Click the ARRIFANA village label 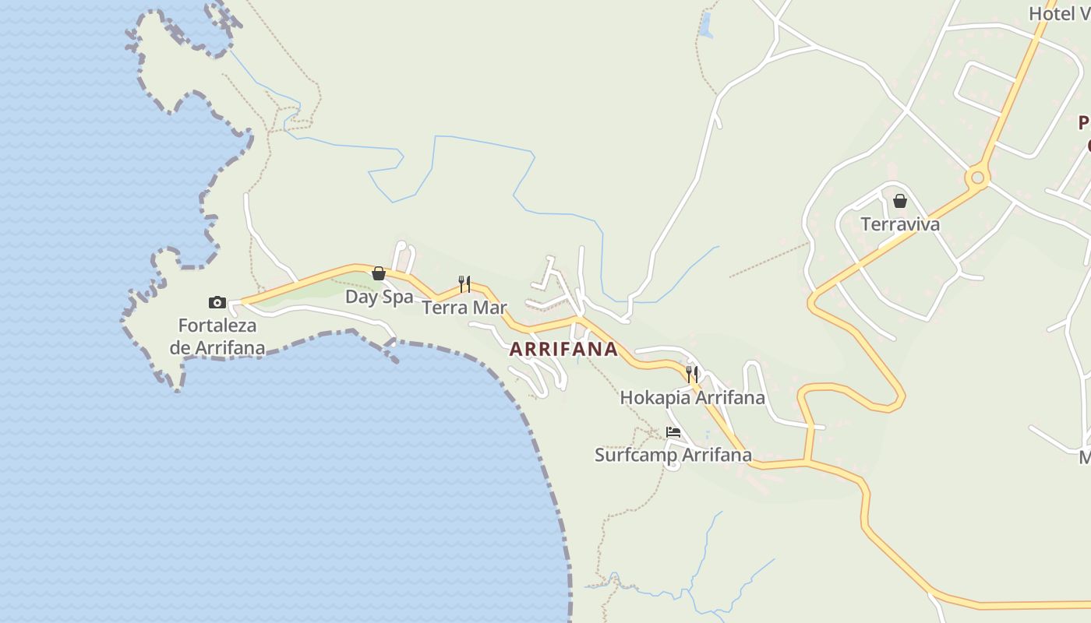click(x=563, y=350)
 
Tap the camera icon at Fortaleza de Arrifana click(x=217, y=302)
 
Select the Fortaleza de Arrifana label click(x=217, y=336)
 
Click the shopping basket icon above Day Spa click(x=379, y=273)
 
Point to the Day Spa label click(x=380, y=297)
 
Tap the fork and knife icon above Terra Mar click(x=464, y=283)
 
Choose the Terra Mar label click(x=464, y=308)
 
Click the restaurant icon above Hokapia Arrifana click(x=692, y=374)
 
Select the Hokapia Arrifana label click(x=692, y=398)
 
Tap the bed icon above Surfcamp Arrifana click(x=673, y=431)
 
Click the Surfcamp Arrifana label click(x=673, y=455)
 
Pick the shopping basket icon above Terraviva click(x=900, y=201)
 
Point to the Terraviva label click(x=900, y=224)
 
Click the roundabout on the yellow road click(x=977, y=178)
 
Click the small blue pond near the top click(x=707, y=25)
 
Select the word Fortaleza click(x=217, y=326)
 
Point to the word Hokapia click(x=655, y=398)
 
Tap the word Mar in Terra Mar click(x=490, y=308)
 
